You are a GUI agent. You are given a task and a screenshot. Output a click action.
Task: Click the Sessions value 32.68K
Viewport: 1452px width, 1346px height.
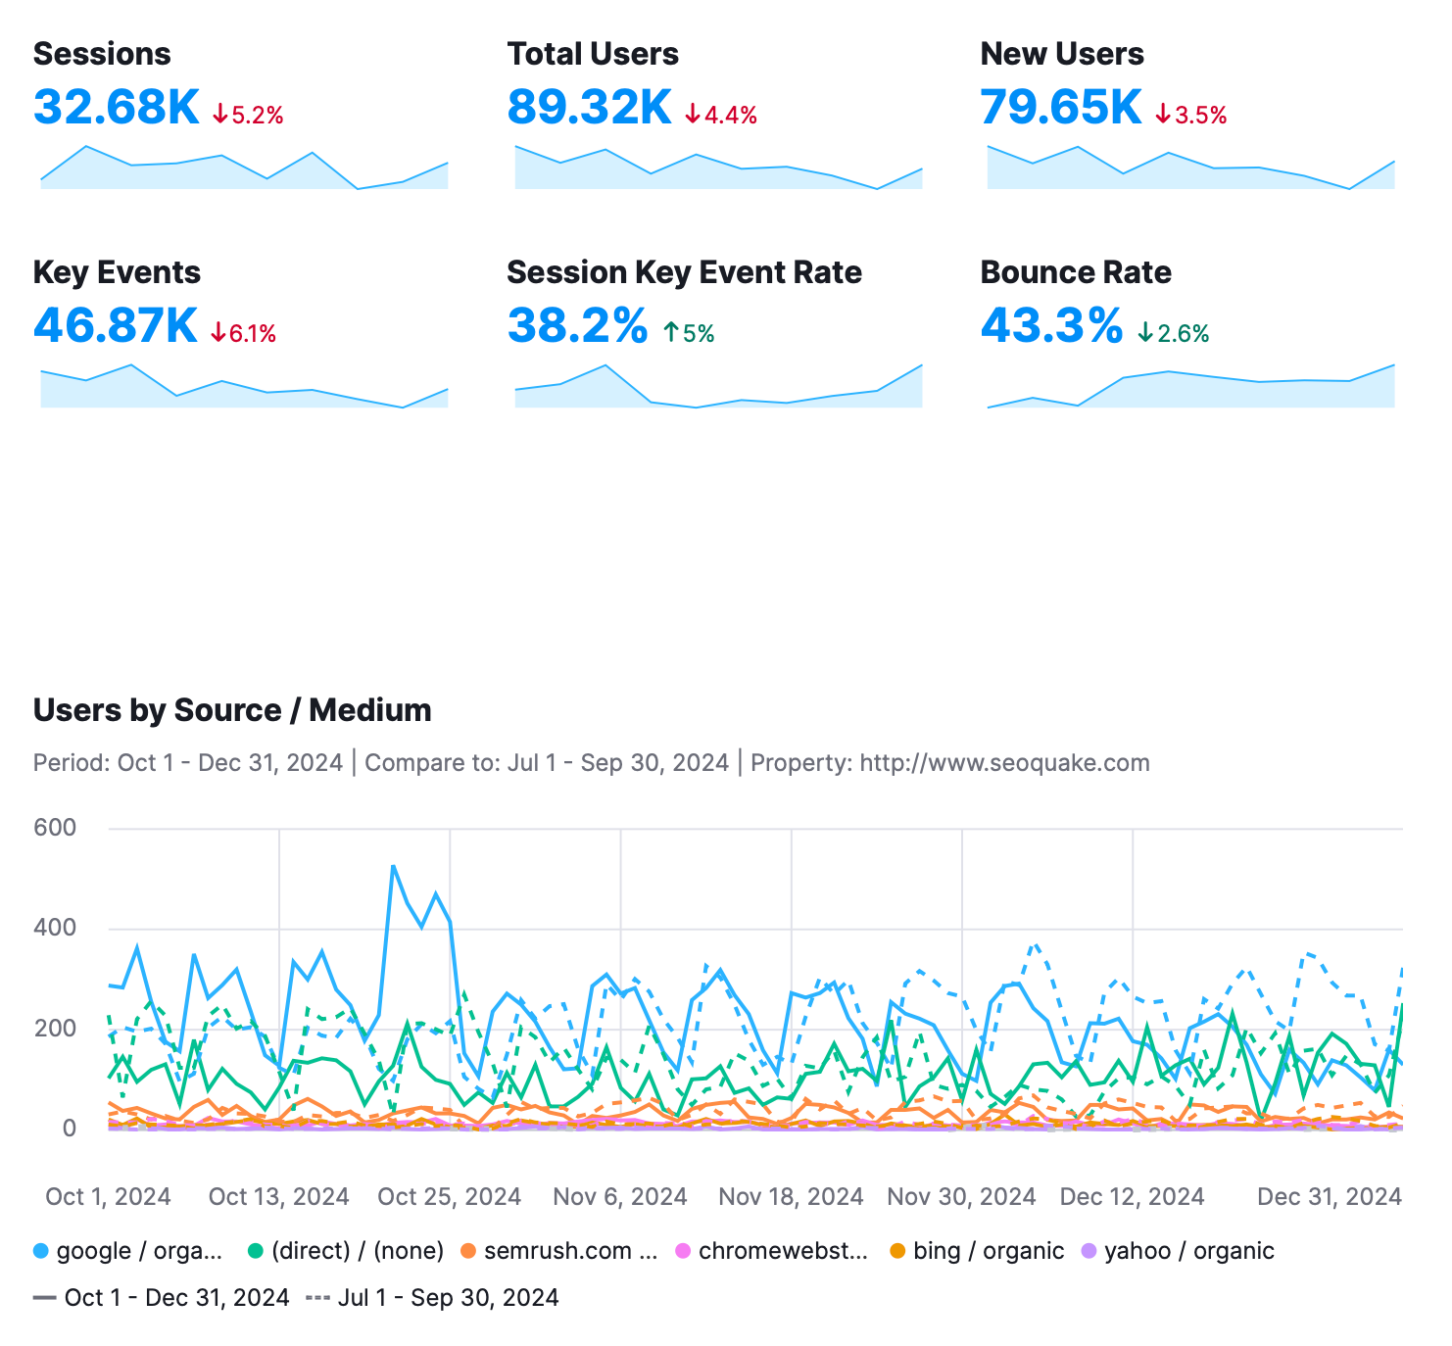[x=116, y=107]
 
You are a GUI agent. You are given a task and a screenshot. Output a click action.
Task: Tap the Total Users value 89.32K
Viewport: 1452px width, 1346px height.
[x=589, y=107]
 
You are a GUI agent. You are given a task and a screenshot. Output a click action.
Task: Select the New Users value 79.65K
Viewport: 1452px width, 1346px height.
[x=1061, y=107]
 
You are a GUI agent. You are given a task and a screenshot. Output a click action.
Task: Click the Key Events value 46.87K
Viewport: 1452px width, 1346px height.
[x=116, y=325]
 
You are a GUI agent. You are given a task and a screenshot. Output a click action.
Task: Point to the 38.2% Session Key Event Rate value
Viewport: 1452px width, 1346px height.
[x=577, y=325]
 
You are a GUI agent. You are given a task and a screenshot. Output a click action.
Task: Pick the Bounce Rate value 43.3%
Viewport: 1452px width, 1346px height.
[x=1051, y=325]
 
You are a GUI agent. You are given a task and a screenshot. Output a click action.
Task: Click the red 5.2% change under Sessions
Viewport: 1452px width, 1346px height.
[x=249, y=116]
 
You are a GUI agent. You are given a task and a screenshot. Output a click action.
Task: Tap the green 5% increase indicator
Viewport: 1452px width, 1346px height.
[x=690, y=334]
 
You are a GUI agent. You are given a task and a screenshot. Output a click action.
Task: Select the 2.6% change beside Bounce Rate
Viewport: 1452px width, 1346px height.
[x=1174, y=334]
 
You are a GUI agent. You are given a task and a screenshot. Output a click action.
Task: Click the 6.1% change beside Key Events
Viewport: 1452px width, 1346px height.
[x=244, y=334]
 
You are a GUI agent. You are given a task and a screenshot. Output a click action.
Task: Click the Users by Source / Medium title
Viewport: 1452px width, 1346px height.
[x=232, y=710]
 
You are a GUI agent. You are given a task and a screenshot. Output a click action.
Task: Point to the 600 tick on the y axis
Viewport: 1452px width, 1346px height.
[x=55, y=828]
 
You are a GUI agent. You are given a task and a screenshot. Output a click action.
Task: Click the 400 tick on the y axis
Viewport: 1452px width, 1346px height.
[x=55, y=928]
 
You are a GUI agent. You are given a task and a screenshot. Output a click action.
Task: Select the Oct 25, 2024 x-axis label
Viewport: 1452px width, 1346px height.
[x=449, y=1196]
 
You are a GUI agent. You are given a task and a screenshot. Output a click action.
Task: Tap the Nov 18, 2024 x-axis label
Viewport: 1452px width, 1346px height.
[x=791, y=1196]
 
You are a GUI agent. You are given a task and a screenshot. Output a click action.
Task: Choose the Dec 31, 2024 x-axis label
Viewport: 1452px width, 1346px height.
[x=1330, y=1196]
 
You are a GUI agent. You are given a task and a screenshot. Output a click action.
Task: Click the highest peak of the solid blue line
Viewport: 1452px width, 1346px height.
[x=393, y=866]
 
